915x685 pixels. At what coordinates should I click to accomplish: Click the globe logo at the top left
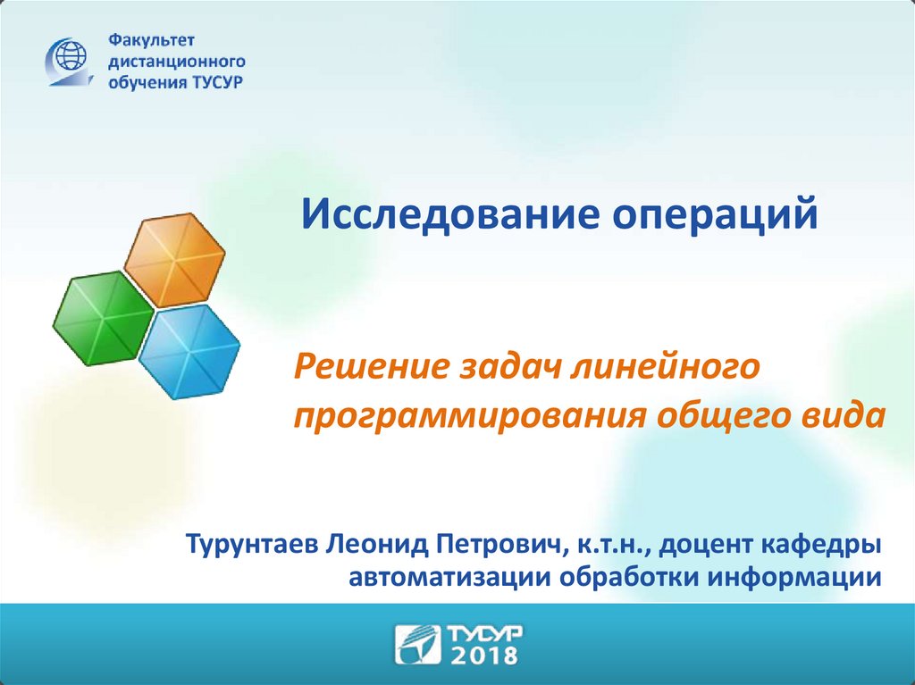coord(71,62)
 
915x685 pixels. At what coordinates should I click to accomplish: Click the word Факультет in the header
coord(152,40)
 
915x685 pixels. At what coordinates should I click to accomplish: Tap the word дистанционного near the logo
coord(177,62)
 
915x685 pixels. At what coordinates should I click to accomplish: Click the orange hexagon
coord(175,260)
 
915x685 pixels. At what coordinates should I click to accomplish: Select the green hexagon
coord(104,319)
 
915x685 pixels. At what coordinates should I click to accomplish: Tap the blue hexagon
coord(189,352)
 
